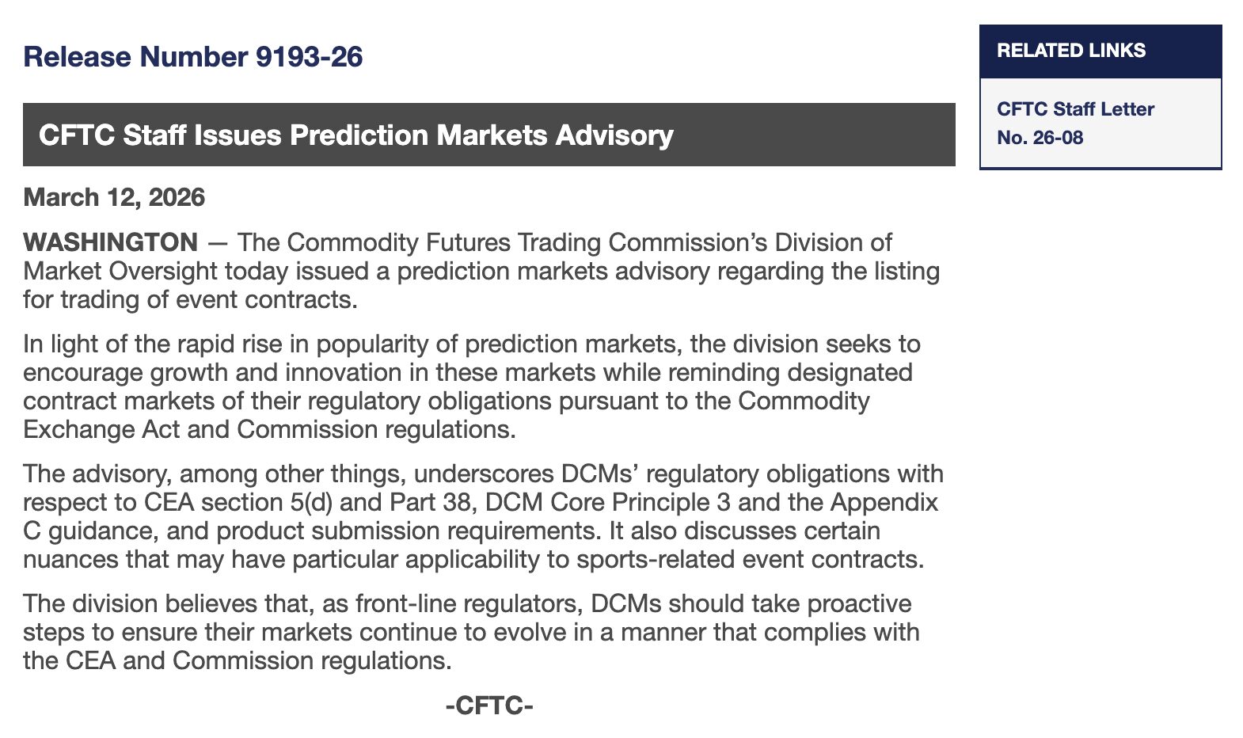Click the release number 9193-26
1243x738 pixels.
(x=309, y=56)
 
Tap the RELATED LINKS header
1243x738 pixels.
(x=1071, y=51)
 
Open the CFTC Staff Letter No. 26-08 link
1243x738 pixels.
(x=1075, y=124)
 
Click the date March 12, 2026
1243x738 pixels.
(x=114, y=197)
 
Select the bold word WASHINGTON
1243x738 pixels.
(x=110, y=242)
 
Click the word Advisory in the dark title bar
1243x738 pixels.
(x=614, y=135)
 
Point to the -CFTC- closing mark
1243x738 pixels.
(x=488, y=706)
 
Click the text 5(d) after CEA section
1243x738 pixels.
(x=310, y=503)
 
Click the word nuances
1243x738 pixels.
(x=70, y=560)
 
